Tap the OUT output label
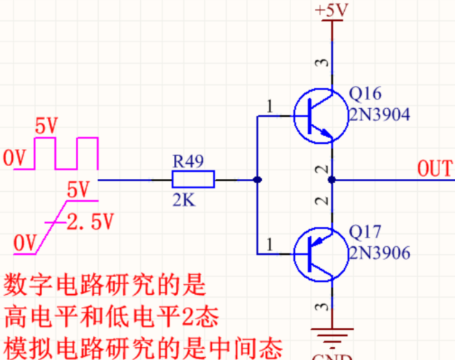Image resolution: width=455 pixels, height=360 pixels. pyautogui.click(x=435, y=169)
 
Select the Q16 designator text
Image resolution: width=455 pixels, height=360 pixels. pyautogui.click(x=366, y=94)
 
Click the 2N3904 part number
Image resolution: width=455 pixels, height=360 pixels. pyautogui.click(x=380, y=114)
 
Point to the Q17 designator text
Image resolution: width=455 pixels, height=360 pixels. pyautogui.click(x=366, y=232)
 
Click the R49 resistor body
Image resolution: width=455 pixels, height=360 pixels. pyautogui.click(x=193, y=180)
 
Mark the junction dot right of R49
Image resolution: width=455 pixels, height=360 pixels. pyautogui.click(x=257, y=180)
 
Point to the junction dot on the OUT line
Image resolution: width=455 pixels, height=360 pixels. pyautogui.click(x=331, y=180)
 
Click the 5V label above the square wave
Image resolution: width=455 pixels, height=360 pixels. pyautogui.click(x=47, y=126)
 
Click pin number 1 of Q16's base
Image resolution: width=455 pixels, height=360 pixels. pyautogui.click(x=270, y=107)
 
